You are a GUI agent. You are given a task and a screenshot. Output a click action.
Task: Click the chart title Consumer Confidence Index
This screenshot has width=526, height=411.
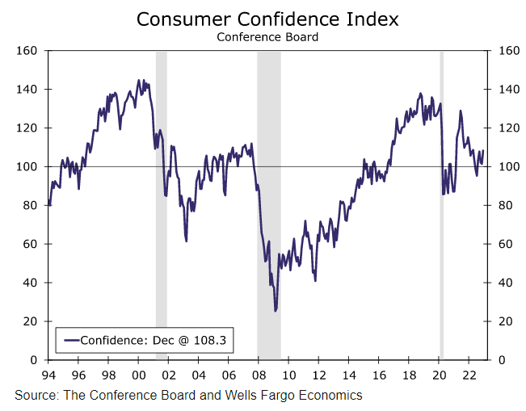267,19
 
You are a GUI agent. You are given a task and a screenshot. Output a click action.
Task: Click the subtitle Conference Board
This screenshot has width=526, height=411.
267,36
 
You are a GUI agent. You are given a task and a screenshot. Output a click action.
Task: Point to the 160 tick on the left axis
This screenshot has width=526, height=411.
30,51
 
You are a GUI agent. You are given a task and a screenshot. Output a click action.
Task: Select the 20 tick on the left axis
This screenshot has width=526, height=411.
33,321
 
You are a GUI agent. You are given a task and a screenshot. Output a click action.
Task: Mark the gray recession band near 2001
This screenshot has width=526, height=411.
161,202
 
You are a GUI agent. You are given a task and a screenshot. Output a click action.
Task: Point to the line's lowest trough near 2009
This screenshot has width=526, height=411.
276,310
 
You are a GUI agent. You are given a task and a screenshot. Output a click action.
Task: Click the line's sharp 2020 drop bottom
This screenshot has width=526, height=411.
443,194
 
